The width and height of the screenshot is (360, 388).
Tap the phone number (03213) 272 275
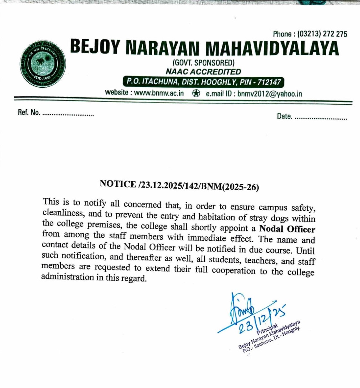[322, 34]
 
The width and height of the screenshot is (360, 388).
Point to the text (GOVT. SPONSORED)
[203, 63]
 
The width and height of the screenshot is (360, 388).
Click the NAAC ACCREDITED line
[203, 72]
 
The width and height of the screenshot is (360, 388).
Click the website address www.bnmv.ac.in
[159, 93]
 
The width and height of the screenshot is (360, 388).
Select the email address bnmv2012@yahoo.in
[269, 94]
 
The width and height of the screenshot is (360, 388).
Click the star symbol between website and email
[196, 93]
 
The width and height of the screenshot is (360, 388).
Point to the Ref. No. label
[29, 113]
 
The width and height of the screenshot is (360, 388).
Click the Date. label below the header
[284, 117]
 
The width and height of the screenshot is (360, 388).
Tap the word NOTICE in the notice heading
[118, 184]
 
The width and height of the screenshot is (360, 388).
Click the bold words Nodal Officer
[287, 229]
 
